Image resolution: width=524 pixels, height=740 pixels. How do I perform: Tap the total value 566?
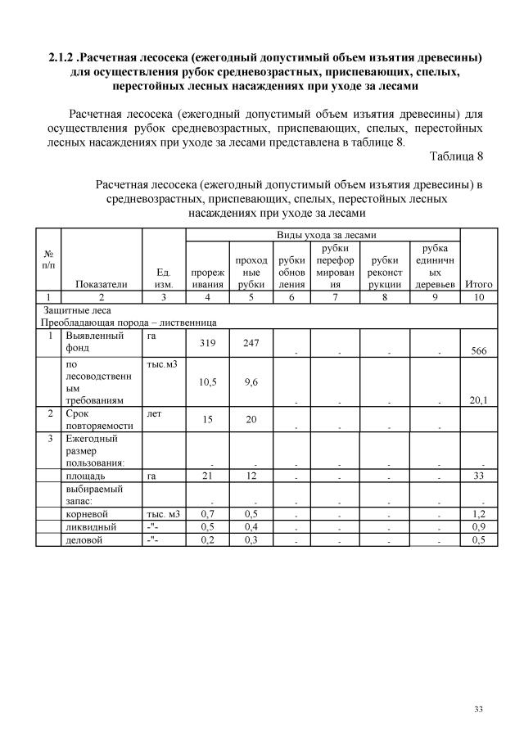474,351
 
